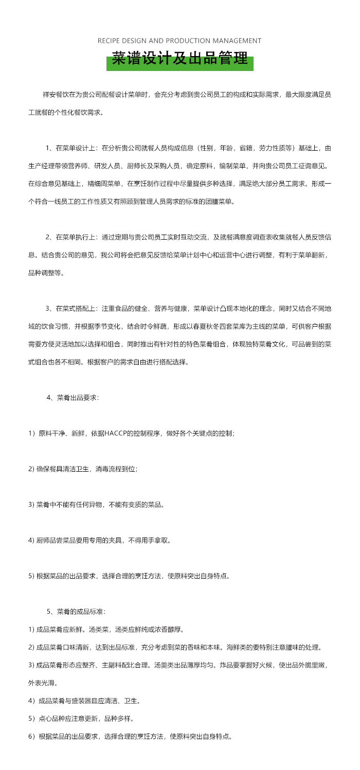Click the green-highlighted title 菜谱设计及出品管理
(x=180, y=59)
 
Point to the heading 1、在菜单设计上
(x=68, y=149)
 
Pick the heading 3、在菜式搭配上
(x=68, y=309)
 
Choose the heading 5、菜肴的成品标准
(x=76, y=612)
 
